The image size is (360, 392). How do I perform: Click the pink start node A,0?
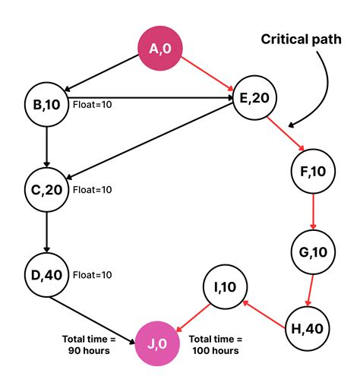tap(159, 49)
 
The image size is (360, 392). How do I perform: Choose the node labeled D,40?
tap(47, 273)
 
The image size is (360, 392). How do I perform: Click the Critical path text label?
tap(301, 38)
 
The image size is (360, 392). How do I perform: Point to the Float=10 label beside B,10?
tap(92, 104)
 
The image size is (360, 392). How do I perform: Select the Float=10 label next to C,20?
tap(92, 188)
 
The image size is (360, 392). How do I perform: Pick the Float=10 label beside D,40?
tap(92, 273)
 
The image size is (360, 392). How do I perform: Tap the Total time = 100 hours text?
tap(216, 345)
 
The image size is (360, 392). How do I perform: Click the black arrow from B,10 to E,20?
tap(152, 97)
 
